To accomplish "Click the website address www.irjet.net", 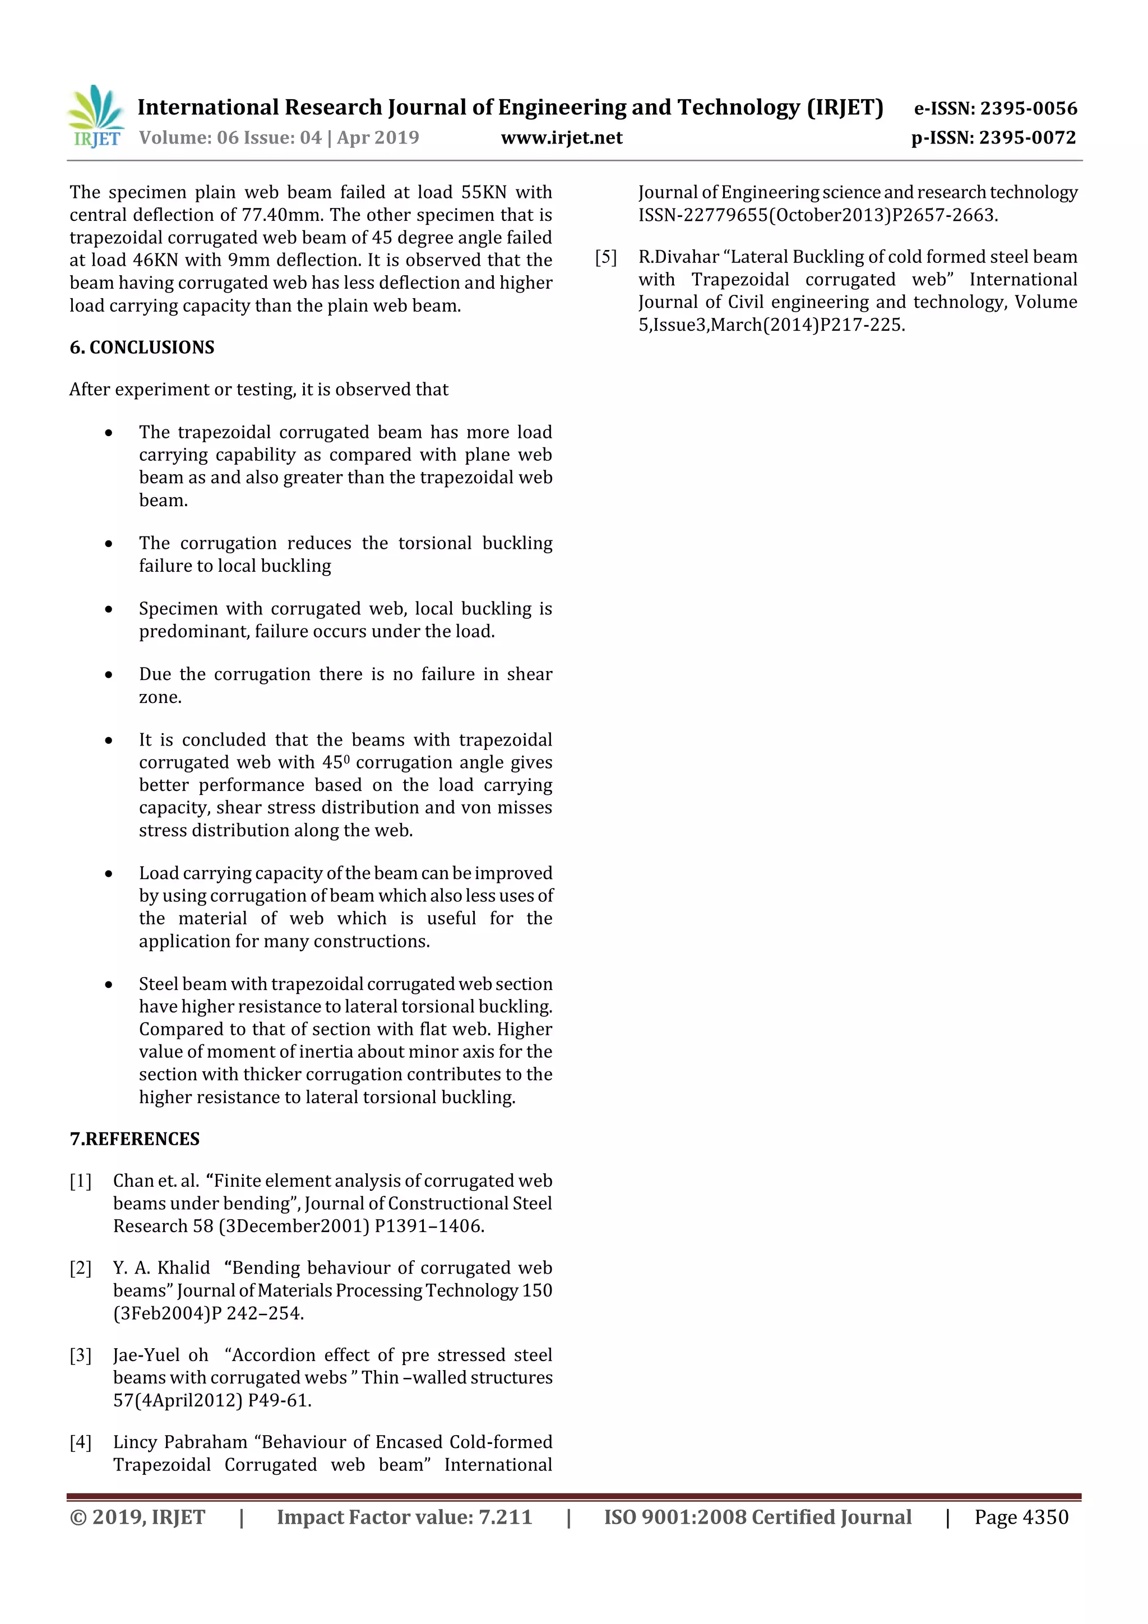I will pos(562,138).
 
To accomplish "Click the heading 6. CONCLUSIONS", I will pos(142,348).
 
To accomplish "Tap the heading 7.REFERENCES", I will pos(135,1139).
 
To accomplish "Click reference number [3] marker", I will pos(81,1355).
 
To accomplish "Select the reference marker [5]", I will pos(606,257).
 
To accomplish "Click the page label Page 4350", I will pos(1021,1517).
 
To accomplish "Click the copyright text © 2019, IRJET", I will pos(137,1517).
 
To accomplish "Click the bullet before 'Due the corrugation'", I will pos(108,675).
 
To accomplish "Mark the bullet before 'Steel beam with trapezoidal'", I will pos(108,984).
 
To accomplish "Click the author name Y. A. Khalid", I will pos(161,1268).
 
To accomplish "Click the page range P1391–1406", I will pos(429,1227).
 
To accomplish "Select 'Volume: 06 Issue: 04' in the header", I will pos(230,138).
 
